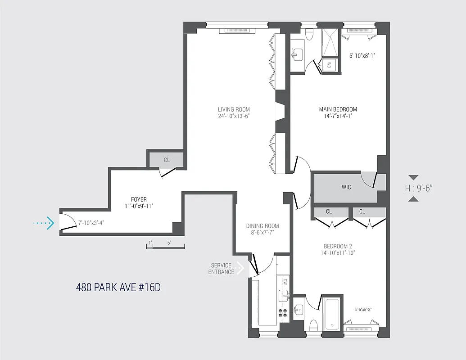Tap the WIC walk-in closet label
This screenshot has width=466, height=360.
coord(346,187)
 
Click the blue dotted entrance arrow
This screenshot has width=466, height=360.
coord(44,223)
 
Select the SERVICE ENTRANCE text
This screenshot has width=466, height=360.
coord(221,269)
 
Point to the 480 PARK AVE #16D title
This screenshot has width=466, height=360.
coord(118,288)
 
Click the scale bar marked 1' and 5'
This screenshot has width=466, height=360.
coord(166,246)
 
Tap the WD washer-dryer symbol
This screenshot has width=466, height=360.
coord(329,65)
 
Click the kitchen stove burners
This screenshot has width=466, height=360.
coord(284,313)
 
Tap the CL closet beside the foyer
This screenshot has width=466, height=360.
coord(167,160)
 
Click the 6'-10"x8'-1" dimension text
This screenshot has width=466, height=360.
coord(362,56)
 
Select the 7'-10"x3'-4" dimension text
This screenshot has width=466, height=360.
coord(92,223)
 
